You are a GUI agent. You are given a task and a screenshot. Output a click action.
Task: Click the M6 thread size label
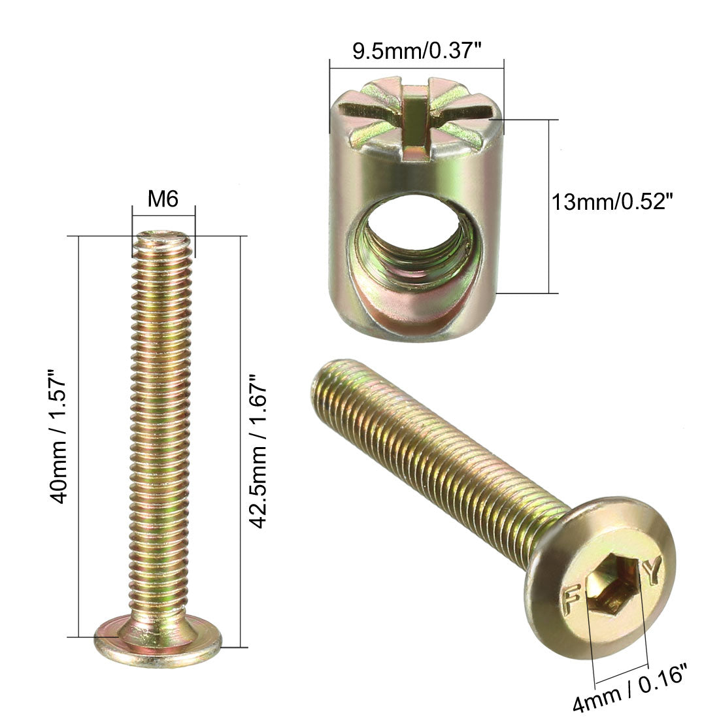(x=163, y=199)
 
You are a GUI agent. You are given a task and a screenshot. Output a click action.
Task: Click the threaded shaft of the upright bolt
(x=163, y=425)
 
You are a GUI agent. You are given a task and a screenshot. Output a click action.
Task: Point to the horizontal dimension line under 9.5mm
(x=416, y=65)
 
